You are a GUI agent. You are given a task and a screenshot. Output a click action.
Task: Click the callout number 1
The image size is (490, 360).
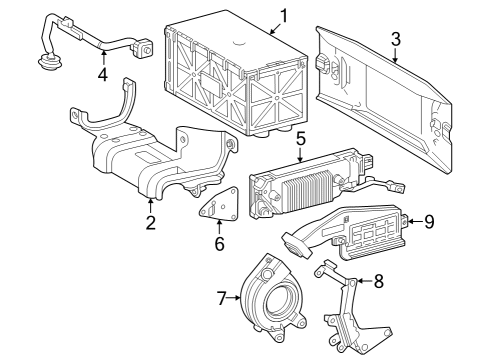click(283, 15)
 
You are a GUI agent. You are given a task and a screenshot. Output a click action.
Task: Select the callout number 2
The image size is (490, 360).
click(150, 222)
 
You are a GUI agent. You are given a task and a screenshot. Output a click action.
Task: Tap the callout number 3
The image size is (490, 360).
click(395, 40)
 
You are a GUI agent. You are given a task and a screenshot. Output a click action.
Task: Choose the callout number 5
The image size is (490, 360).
click(299, 139)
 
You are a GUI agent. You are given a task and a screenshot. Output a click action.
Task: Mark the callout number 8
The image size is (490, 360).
click(379, 283)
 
